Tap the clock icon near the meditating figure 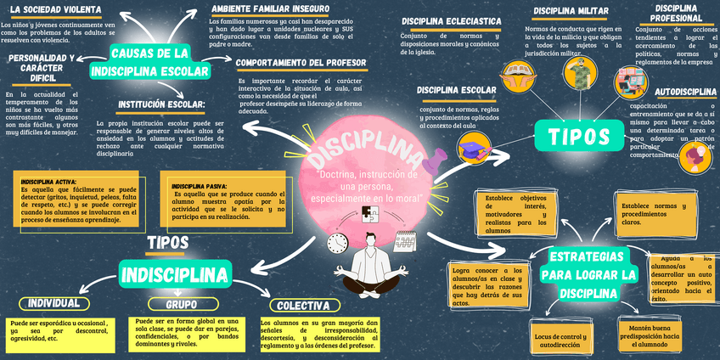point(338,241)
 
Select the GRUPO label point(180,304)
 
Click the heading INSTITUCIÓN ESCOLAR point(161,105)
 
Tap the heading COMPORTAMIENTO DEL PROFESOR point(301,63)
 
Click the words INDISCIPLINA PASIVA point(199,185)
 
